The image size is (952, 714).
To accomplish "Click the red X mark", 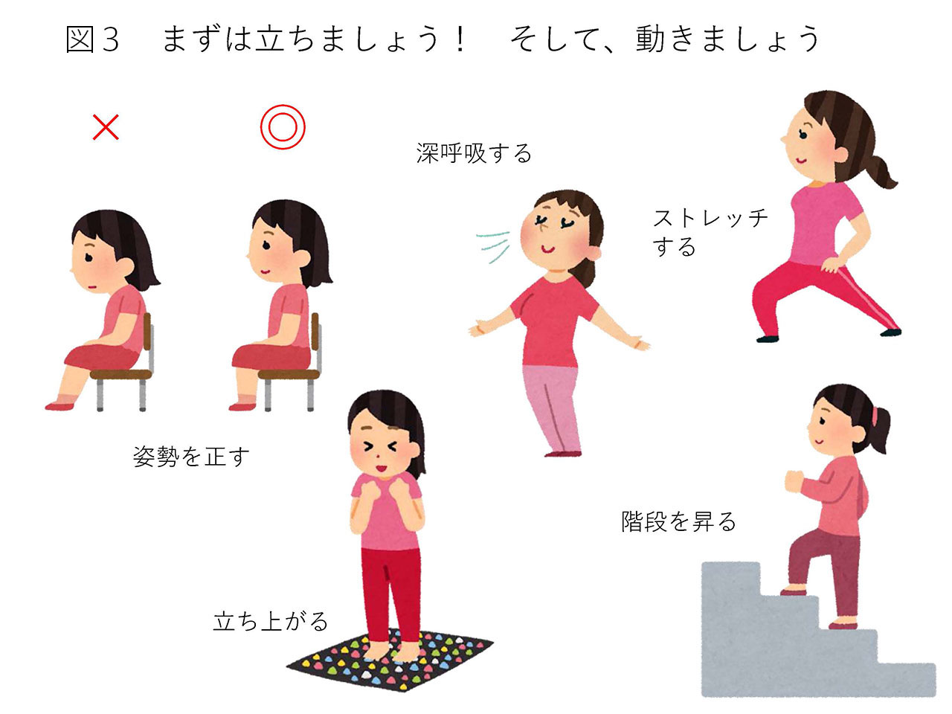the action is (x=106, y=127).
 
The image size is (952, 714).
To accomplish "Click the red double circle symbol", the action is (x=283, y=127).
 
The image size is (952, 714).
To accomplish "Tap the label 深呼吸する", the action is (x=474, y=153).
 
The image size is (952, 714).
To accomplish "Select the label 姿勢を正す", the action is (x=191, y=457).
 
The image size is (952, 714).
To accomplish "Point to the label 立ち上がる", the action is (x=270, y=621).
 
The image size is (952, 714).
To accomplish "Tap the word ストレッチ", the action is (x=710, y=218).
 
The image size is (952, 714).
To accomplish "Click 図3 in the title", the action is (x=92, y=39).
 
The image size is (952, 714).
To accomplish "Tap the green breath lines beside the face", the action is (x=493, y=246).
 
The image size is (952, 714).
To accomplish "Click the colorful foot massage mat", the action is (x=390, y=660).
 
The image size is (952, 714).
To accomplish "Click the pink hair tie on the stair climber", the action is (x=875, y=416).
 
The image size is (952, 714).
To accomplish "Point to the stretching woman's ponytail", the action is (x=876, y=171).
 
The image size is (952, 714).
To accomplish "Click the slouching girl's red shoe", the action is (x=59, y=406).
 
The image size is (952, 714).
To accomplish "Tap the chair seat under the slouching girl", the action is (x=121, y=374).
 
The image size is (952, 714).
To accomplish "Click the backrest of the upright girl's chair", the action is (x=315, y=332).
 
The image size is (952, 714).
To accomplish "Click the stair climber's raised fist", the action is (x=794, y=481).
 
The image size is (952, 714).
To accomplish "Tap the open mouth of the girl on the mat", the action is (x=381, y=469).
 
